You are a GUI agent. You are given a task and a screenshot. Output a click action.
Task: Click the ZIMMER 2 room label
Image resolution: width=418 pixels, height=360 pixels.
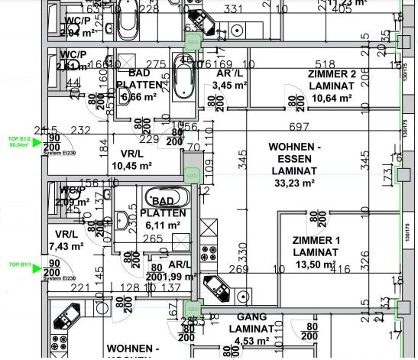coord(332,74)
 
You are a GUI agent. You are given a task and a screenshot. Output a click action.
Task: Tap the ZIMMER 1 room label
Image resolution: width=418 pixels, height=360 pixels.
coord(316,240)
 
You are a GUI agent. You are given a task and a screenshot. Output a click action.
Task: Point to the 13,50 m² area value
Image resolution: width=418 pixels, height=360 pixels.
coord(315,264)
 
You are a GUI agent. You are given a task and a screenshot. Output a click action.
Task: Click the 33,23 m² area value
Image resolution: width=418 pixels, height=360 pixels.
coord(293,183)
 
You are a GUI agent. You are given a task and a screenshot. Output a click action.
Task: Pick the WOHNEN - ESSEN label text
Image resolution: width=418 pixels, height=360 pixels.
coord(293,152)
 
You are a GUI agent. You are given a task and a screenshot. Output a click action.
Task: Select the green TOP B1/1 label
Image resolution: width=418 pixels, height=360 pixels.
coord(19,264)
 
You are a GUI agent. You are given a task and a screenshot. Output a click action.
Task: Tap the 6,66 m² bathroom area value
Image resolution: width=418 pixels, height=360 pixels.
coord(138,97)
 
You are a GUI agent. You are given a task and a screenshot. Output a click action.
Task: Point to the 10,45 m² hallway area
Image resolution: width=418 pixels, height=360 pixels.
coord(131,165)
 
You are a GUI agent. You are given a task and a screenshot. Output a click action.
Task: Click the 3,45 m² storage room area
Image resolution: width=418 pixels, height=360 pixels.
coord(229,86)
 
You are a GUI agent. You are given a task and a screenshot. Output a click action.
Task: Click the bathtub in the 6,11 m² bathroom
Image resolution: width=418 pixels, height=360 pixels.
coord(161,196)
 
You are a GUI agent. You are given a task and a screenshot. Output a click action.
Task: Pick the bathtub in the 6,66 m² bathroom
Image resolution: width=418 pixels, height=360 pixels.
coord(184,77)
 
